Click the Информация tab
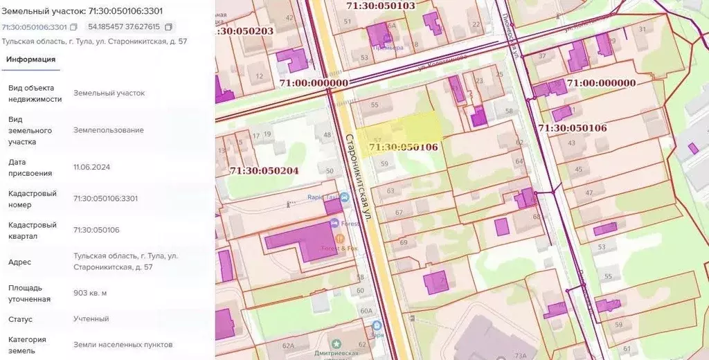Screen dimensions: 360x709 [x=30, y=60]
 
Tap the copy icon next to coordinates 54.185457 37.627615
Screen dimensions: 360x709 [x=168, y=27]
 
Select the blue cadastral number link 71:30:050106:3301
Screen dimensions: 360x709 [x=34, y=27]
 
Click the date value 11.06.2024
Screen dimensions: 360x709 [x=91, y=167]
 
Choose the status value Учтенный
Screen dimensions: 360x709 [x=91, y=319]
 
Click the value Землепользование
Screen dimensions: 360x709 [x=109, y=129]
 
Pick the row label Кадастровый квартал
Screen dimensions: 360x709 [x=32, y=231]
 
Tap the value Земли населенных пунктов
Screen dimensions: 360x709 [x=123, y=345]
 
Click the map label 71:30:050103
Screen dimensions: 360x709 [x=380, y=6]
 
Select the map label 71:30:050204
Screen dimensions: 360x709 [x=264, y=170]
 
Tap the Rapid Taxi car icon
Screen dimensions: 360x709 [x=344, y=197]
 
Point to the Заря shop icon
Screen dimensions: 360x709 [x=377, y=325]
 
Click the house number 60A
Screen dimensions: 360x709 [x=366, y=311]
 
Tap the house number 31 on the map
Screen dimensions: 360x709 [x=643, y=29]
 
